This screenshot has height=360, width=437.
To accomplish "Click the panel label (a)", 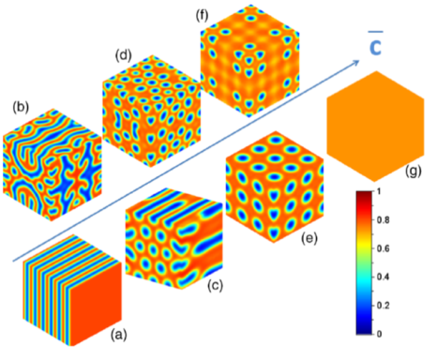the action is [118, 335].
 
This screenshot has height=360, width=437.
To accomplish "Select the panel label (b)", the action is [21, 107].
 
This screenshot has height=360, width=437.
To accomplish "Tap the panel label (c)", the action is [215, 285].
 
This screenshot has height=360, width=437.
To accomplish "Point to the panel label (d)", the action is [123, 55].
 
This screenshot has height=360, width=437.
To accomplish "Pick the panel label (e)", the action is [309, 238].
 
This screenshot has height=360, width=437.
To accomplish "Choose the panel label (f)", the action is [202, 16].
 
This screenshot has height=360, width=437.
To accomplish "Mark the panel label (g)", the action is [413, 171].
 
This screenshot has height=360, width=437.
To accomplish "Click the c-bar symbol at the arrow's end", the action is [375, 44].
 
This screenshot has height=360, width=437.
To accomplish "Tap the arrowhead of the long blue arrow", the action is [355, 63].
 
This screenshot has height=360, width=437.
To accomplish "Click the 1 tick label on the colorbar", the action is [379, 191].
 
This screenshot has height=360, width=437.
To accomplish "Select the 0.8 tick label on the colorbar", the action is [383, 220].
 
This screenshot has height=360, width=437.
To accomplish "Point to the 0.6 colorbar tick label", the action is [383, 248].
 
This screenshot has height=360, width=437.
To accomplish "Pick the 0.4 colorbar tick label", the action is [383, 277].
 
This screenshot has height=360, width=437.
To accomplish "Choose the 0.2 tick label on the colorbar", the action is [383, 306].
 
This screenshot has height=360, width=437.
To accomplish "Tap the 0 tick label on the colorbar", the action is [379, 334].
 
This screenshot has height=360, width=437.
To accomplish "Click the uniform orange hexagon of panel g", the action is [375, 127].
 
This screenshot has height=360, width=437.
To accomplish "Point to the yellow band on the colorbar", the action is [364, 246].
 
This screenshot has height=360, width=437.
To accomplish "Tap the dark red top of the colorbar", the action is [364, 195].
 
